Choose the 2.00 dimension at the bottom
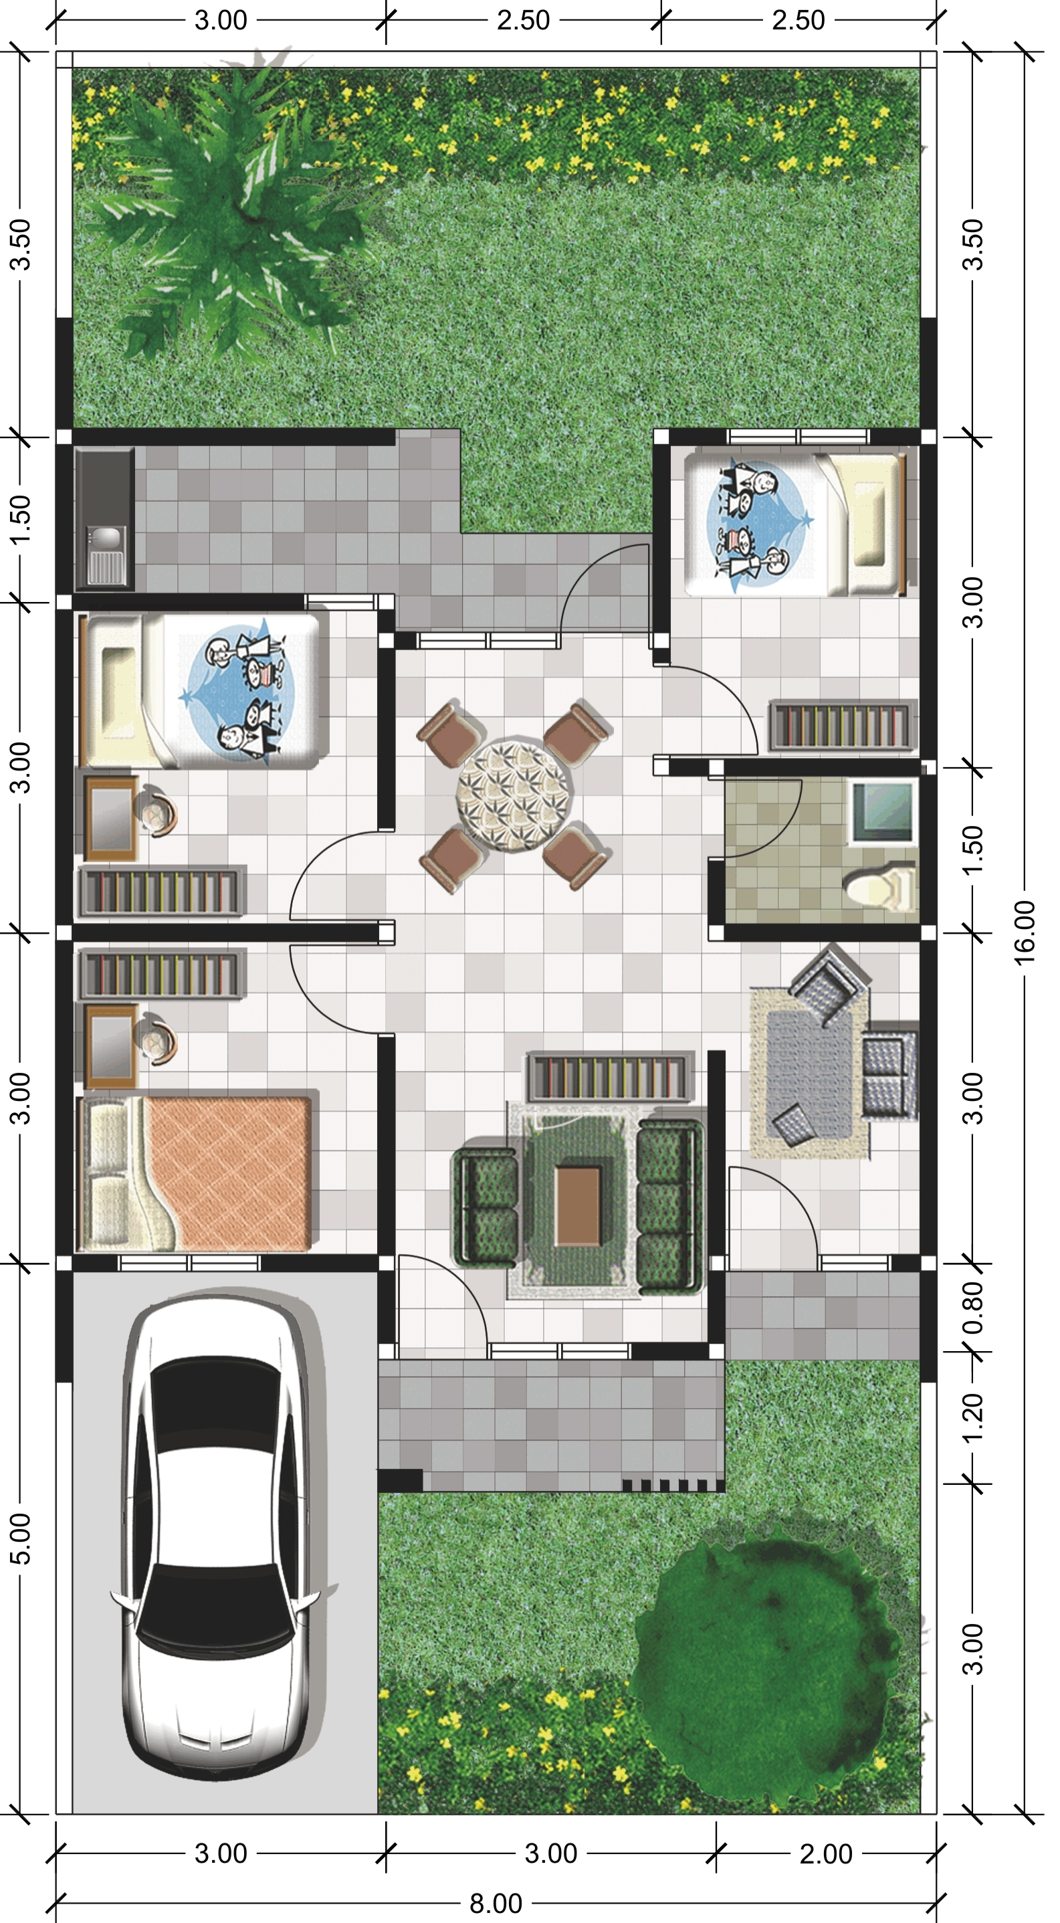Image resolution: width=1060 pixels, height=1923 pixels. point(826,1847)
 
